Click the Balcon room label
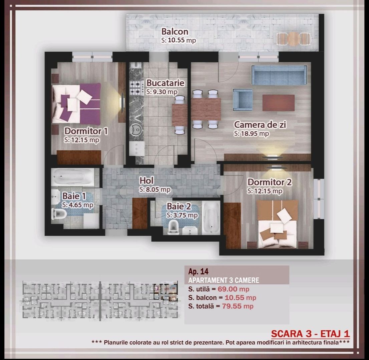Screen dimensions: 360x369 (175, 32)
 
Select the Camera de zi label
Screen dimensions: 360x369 (260, 125)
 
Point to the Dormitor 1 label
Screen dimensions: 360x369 (86, 131)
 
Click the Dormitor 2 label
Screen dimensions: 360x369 (270, 182)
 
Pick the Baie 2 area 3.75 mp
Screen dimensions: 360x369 (182, 215)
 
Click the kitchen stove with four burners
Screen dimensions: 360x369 (136, 87)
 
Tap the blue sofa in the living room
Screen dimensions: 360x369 (279, 75)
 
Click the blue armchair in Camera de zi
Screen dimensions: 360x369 (243, 99)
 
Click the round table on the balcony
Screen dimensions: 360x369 (294, 38)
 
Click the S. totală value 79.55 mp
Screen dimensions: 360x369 (238, 306)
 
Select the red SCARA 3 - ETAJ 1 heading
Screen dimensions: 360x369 (310, 334)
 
